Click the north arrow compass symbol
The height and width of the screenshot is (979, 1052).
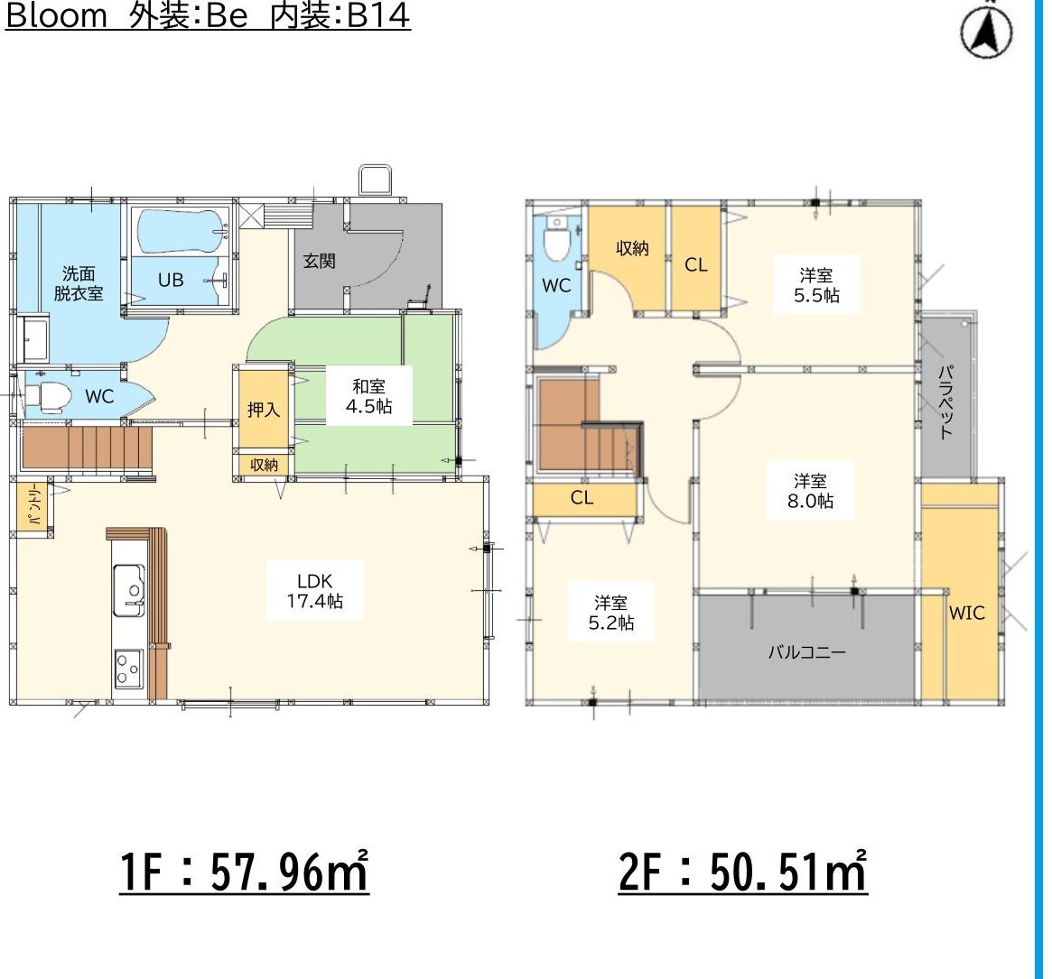click(986, 31)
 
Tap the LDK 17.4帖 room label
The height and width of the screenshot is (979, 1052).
click(314, 591)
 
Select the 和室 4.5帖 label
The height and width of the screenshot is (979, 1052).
click(369, 395)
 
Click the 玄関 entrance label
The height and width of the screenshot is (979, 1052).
click(319, 261)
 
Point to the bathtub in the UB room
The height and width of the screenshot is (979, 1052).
click(182, 231)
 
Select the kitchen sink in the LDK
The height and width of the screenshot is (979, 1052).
click(129, 589)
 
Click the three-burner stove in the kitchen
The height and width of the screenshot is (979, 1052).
click(128, 668)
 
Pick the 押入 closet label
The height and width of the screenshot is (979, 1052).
click(263, 409)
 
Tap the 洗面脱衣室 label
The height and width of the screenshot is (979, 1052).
click(79, 283)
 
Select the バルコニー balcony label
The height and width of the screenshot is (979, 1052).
click(807, 651)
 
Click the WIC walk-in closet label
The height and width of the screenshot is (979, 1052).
click(966, 612)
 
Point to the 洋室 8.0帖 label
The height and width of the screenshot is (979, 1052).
click(811, 490)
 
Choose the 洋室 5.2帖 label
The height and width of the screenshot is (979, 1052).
click(610, 612)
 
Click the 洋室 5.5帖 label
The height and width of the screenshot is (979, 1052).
click(816, 284)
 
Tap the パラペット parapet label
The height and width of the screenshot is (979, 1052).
click(946, 402)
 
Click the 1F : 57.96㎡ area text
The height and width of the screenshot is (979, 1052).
click(244, 871)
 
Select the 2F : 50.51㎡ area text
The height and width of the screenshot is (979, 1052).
click(742, 871)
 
